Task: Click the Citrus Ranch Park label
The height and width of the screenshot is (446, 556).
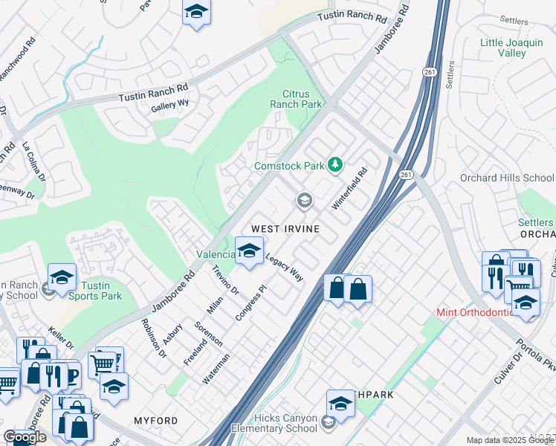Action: tap(303, 100)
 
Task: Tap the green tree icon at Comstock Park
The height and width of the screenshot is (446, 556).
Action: tap(336, 164)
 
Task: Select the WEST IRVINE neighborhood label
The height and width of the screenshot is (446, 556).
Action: tap(285, 229)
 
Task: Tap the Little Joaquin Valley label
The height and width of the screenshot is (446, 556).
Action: tap(511, 48)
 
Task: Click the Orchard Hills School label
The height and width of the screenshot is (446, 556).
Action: tap(507, 178)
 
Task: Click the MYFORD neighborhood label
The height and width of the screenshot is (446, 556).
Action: tap(155, 421)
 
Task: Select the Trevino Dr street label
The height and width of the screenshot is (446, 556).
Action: tap(224, 279)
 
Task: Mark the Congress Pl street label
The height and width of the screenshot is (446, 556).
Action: tap(250, 303)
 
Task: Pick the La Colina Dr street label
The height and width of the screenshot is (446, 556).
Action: tap(33, 161)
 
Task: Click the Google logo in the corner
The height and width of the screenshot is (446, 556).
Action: tap(25, 437)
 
